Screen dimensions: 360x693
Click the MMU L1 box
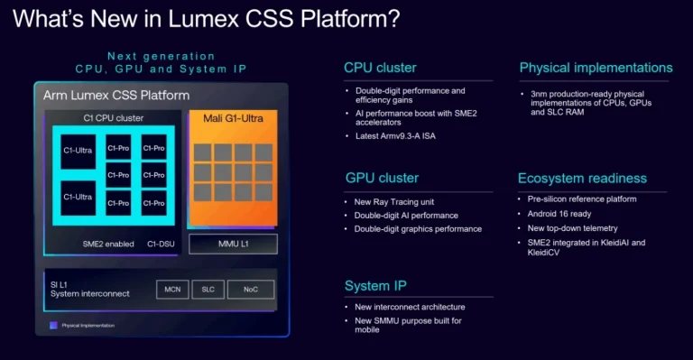click(x=233, y=244)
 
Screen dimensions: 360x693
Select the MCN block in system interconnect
click(x=172, y=289)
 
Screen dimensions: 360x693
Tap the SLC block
click(x=208, y=289)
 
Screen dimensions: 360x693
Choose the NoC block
click(x=250, y=289)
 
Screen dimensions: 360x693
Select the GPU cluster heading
click(x=382, y=178)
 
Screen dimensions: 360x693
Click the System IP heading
click(x=375, y=286)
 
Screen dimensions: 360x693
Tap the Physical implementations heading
click(x=596, y=68)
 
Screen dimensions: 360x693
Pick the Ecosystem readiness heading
click(x=583, y=178)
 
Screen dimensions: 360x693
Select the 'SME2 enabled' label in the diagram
click(x=101, y=244)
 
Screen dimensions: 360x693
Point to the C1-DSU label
click(x=162, y=244)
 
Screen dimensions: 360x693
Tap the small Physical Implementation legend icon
click(x=53, y=324)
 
